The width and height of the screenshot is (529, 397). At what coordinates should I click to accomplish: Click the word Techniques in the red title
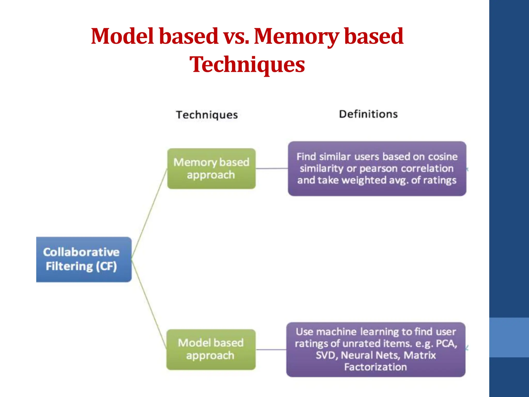click(x=247, y=65)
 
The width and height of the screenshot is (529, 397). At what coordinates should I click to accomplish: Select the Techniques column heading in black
click(x=207, y=115)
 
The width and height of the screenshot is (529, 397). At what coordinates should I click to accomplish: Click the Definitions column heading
click(x=368, y=114)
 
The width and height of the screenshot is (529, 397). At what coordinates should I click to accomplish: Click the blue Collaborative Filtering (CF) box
click(x=84, y=259)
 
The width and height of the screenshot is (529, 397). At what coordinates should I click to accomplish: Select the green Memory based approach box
click(x=211, y=169)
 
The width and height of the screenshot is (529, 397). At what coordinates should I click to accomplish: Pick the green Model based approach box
click(x=211, y=349)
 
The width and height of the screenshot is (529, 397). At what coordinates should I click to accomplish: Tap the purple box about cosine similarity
click(x=377, y=169)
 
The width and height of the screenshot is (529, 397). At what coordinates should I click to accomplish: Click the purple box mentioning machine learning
click(x=376, y=349)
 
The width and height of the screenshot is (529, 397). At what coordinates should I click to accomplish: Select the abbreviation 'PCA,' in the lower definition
click(x=446, y=343)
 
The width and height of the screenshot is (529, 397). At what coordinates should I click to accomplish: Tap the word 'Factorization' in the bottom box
click(x=375, y=367)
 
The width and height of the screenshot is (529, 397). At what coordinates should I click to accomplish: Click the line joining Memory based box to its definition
click(x=271, y=169)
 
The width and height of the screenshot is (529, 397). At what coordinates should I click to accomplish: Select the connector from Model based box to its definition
click(x=271, y=349)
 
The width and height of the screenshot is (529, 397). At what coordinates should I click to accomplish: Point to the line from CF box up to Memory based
click(x=149, y=213)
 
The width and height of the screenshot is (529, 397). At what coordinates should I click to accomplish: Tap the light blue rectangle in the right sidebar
click(x=509, y=337)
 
